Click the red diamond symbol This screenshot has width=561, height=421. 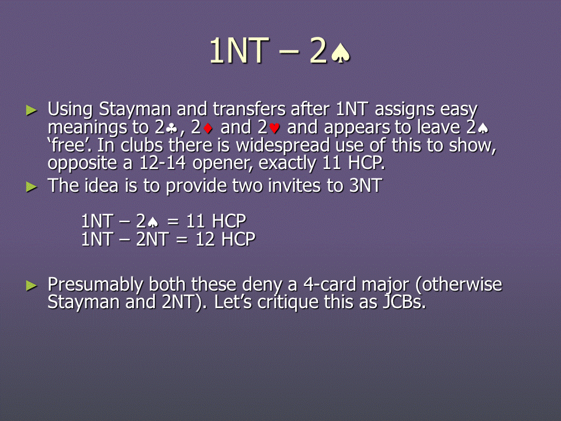(207, 128)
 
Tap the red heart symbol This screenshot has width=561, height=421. (275, 128)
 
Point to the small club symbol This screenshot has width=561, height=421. (172, 128)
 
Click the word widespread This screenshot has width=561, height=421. (283, 146)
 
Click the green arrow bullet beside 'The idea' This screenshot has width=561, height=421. (32, 187)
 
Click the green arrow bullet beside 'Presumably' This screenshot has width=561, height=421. (32, 285)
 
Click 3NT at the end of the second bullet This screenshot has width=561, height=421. (366, 186)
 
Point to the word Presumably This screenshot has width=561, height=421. (95, 285)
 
